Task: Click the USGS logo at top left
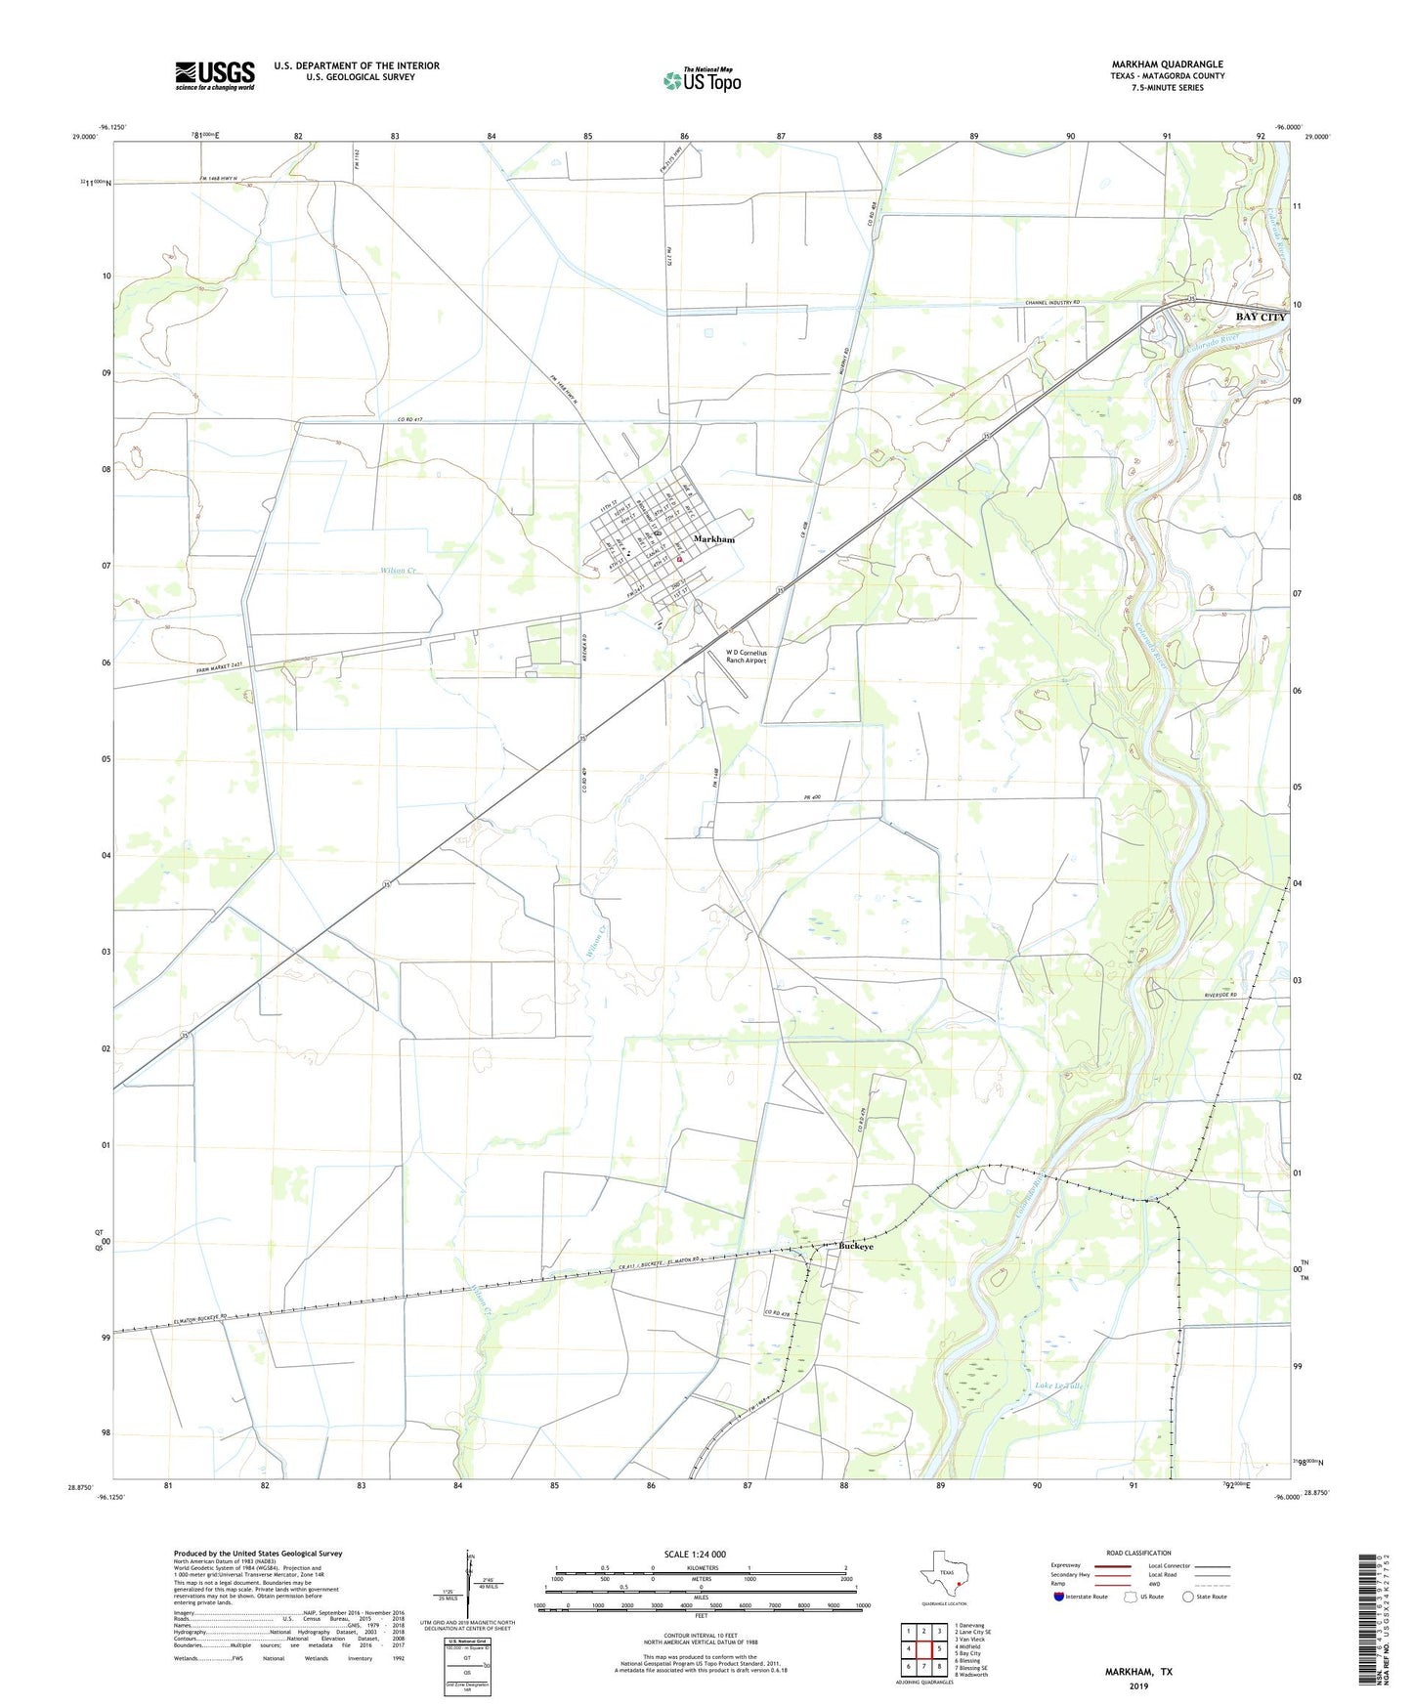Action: pos(214,75)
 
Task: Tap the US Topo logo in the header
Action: pos(701,81)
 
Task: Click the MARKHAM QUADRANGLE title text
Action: pos(1167,64)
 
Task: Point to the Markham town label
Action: pos(713,539)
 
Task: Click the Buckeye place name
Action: pos(856,1247)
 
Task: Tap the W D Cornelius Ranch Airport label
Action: pos(747,657)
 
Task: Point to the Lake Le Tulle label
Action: pos(1060,1386)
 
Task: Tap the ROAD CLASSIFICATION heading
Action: pos(1138,1553)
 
